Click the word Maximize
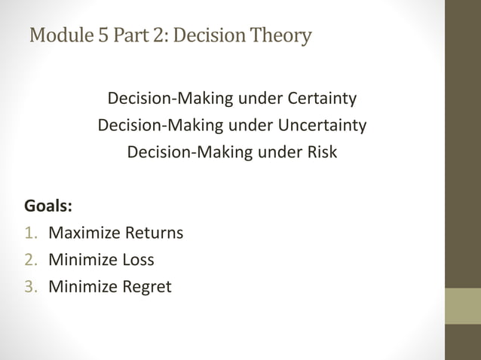coord(82,233)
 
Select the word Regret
coord(147,287)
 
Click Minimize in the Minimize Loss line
coord(81,261)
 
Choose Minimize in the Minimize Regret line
coord(81,287)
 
